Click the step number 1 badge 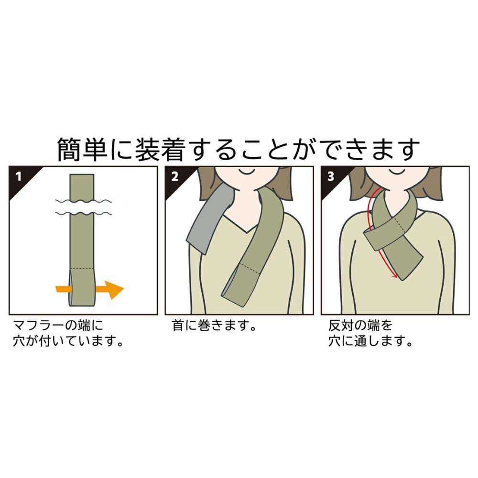tap(19, 176)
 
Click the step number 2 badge tap(174, 176)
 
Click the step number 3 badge tap(331, 176)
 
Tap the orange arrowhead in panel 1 tap(115, 289)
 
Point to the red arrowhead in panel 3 tap(394, 275)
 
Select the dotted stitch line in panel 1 tap(82, 269)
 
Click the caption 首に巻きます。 tap(214, 326)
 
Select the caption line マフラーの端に tap(58, 326)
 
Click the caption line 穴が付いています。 tap(68, 341)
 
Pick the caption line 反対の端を tap(360, 326)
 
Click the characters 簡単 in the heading tap(82, 149)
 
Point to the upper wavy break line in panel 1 tap(83, 201)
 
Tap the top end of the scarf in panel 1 tap(82, 174)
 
